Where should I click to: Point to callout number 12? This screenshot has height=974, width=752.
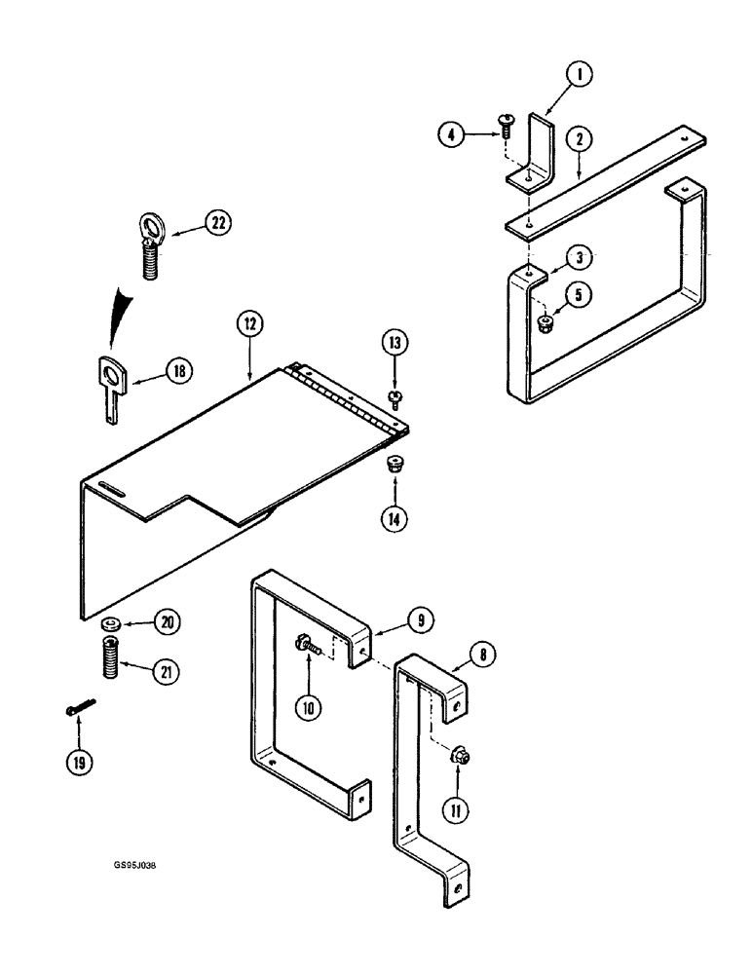(x=248, y=323)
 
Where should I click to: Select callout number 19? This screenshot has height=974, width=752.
(x=75, y=764)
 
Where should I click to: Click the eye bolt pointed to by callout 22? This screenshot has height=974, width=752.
(x=150, y=247)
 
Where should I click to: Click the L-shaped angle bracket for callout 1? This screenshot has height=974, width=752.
(x=535, y=151)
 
